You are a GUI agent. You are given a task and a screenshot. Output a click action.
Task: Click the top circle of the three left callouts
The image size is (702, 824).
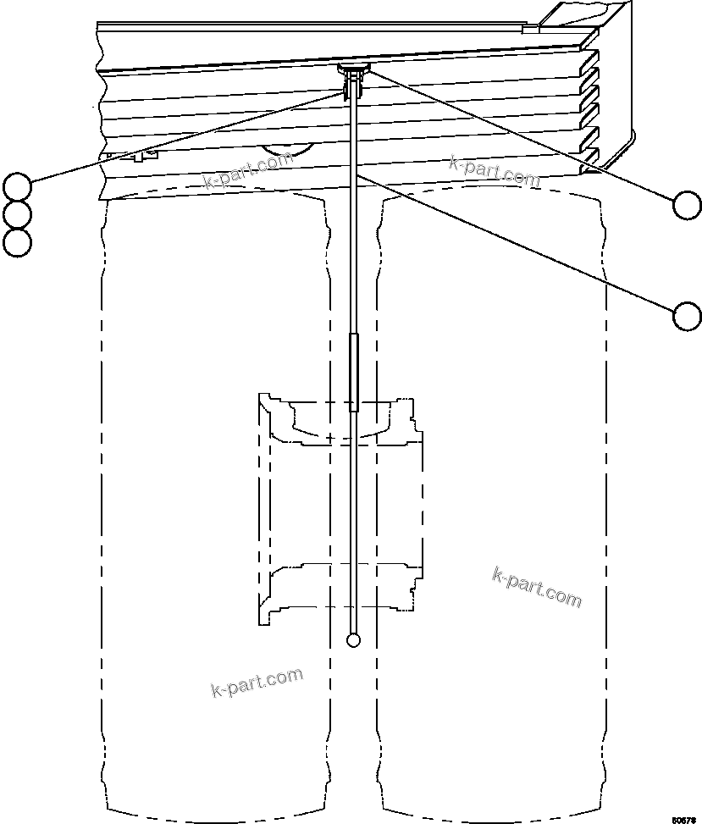17,185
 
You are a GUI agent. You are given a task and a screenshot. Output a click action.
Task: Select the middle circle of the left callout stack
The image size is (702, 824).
17,213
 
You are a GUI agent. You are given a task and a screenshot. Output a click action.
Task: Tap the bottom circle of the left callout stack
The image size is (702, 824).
17,242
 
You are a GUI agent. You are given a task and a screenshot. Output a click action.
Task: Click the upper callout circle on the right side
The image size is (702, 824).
687,204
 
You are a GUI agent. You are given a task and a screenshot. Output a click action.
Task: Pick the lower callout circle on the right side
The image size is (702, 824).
687,316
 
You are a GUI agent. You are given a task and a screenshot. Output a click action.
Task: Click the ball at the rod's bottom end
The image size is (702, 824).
354,639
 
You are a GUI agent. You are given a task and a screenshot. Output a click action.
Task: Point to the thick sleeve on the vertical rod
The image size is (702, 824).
354,372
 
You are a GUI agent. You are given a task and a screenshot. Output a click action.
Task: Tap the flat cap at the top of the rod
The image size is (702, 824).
354,67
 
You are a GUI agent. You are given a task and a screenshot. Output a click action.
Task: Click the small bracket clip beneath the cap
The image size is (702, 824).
353,85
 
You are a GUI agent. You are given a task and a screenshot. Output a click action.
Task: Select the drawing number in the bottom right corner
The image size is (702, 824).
684,819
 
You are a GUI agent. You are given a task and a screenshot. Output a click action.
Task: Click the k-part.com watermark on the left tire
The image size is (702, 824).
256,681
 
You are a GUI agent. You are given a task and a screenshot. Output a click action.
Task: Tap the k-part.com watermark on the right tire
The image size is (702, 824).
537,587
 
